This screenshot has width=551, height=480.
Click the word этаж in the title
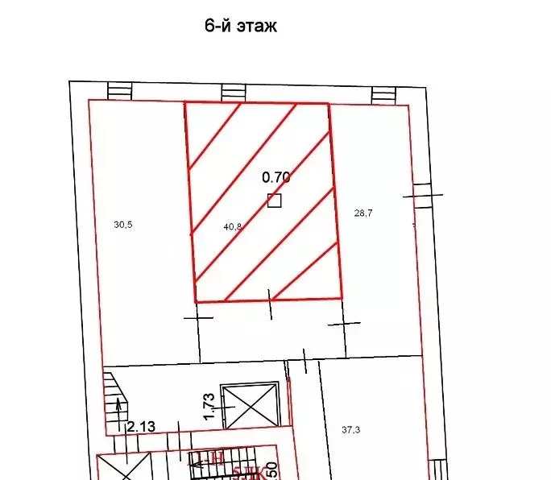pyautogui.click(x=254, y=26)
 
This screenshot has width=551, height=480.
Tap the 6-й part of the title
pyautogui.click(x=215, y=26)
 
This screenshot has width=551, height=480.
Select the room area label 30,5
pyautogui.click(x=122, y=226)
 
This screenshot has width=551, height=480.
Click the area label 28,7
pyautogui.click(x=364, y=213)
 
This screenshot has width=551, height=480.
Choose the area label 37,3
pyautogui.click(x=350, y=430)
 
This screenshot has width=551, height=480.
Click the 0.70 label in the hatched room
pyautogui.click(x=276, y=177)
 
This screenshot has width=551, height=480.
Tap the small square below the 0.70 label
pyautogui.click(x=275, y=201)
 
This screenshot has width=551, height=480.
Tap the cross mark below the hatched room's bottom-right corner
pyautogui.click(x=345, y=324)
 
